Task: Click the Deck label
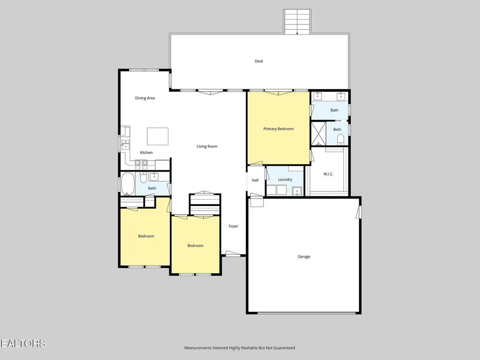coord(259,61)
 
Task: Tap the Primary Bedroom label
coord(278,129)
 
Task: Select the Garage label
coord(304,256)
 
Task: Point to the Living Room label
coord(207,146)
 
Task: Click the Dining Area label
coord(145,98)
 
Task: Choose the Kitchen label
coord(146,153)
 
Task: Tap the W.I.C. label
coord(328,174)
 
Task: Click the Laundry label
coord(285,180)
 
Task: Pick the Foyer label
coord(233,226)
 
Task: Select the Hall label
coord(255,180)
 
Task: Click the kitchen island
coord(157,136)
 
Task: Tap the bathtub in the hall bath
coord(128,184)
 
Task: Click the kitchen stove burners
coord(142,165)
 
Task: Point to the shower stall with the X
coord(318,134)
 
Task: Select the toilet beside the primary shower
coord(341,141)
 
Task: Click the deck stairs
coord(297,22)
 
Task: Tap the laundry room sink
coord(297,191)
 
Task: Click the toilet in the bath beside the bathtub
coord(143,178)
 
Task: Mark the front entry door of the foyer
coord(233,253)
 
